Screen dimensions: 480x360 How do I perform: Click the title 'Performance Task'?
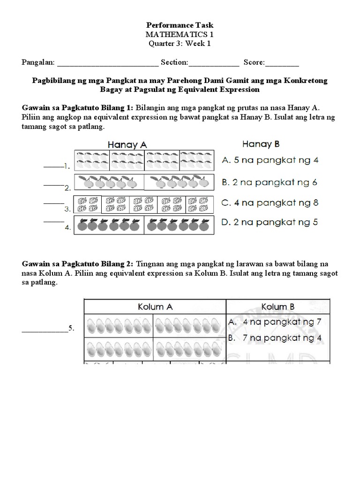[x=180, y=24]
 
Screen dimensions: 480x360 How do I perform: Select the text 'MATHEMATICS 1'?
[x=180, y=34]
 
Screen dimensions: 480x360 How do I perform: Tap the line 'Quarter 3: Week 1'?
[x=180, y=44]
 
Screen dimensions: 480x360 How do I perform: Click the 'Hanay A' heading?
[x=127, y=145]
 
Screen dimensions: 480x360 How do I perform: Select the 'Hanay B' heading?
[x=261, y=144]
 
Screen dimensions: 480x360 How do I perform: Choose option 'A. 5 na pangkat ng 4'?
[x=270, y=160]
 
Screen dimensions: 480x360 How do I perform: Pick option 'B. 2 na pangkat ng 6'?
[x=270, y=182]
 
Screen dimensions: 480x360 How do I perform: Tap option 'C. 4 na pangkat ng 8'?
[x=270, y=203]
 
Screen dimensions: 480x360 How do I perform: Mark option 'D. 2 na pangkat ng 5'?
[x=270, y=222]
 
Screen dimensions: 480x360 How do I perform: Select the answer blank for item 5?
[x=45, y=331]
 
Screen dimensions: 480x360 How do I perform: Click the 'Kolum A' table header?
[x=155, y=307]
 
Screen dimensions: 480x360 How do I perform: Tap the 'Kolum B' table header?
[x=278, y=307]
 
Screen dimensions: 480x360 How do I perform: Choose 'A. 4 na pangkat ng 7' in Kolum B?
[x=279, y=322]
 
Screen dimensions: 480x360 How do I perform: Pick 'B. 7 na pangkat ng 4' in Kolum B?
[x=279, y=337]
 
